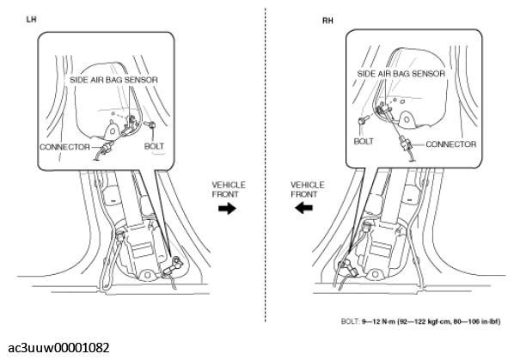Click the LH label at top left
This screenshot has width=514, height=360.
click(31, 19)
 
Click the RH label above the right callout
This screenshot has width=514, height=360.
click(327, 21)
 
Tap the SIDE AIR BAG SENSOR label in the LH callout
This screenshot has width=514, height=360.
click(113, 80)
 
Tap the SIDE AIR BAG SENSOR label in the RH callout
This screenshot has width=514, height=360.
click(401, 74)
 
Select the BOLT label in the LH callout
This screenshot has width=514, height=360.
click(154, 146)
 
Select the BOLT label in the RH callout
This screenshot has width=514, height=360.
click(364, 141)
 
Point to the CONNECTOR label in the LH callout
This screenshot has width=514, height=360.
click(64, 147)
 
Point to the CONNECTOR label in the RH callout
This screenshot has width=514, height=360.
click(450, 144)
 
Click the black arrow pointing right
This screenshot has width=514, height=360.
click(227, 208)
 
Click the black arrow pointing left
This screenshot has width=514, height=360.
click(303, 208)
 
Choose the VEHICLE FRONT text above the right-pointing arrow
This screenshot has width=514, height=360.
click(229, 190)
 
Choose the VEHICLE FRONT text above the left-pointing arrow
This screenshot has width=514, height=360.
click(307, 190)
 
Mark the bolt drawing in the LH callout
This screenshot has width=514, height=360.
click(151, 125)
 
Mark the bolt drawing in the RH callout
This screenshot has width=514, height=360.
click(363, 121)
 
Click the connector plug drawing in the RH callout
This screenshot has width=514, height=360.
click(404, 143)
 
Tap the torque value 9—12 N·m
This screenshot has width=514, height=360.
click(377, 321)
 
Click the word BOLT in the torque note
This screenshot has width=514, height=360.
click(351, 321)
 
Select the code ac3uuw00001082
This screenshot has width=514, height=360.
click(58, 348)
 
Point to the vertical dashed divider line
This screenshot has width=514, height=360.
click(266, 165)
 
